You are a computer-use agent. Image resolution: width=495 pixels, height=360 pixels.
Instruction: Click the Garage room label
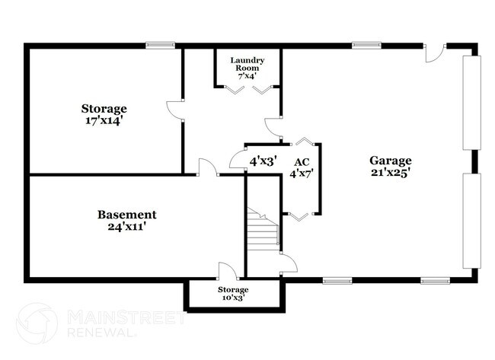391,161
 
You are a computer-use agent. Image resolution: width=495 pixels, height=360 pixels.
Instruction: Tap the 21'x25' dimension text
391,173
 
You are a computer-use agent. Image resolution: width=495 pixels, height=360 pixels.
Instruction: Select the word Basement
127,215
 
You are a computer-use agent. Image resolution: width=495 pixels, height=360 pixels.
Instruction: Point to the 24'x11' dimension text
127,227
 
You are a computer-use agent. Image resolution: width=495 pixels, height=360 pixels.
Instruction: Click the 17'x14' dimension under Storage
104,120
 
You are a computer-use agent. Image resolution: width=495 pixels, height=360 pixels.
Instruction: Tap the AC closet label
302,162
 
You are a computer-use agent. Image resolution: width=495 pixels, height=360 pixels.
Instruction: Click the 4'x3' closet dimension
263,161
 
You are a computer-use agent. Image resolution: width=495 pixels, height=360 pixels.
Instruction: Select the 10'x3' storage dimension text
233,299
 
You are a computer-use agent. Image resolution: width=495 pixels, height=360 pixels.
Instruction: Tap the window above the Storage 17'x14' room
161,45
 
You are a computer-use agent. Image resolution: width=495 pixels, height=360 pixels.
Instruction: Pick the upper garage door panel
472,104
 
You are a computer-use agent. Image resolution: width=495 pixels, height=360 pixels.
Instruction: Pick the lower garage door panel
472,221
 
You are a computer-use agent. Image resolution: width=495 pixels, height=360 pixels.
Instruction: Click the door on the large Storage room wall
176,110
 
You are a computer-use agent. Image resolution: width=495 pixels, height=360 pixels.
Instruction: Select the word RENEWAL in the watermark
103,333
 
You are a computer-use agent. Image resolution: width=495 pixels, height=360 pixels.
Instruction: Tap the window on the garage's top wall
366,45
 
